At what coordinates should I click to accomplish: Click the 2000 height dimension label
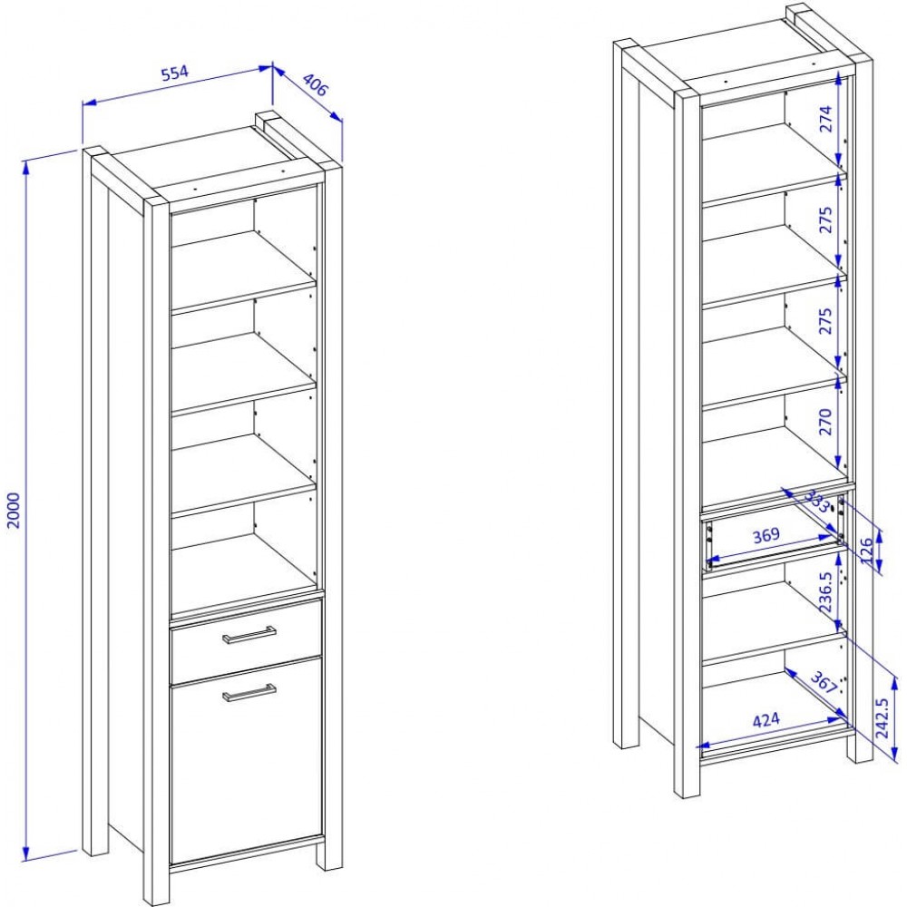pyautogui.click(x=14, y=510)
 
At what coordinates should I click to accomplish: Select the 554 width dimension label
pyautogui.click(x=174, y=73)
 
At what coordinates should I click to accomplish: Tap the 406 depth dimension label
pyautogui.click(x=315, y=85)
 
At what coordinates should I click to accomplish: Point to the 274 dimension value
pyautogui.click(x=825, y=119)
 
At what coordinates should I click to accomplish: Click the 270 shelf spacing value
pyautogui.click(x=825, y=422)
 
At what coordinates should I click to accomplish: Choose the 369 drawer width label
pyautogui.click(x=766, y=535)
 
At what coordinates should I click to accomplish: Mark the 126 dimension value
pyautogui.click(x=866, y=551)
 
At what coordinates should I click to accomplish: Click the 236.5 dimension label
pyautogui.click(x=825, y=591)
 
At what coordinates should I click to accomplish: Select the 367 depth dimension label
pyautogui.click(x=824, y=682)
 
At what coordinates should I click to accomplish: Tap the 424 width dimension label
pyautogui.click(x=766, y=720)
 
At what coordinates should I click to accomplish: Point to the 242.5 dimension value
pyautogui.click(x=882, y=717)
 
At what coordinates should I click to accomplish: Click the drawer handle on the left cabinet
pyautogui.click(x=249, y=635)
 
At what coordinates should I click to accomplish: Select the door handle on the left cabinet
pyautogui.click(x=249, y=692)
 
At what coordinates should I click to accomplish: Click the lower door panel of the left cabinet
pyautogui.click(x=247, y=760)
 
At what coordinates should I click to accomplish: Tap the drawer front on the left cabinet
pyautogui.click(x=246, y=641)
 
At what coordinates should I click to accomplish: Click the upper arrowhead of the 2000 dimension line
pyautogui.click(x=25, y=167)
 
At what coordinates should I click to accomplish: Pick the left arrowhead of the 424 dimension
pyautogui.click(x=703, y=745)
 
